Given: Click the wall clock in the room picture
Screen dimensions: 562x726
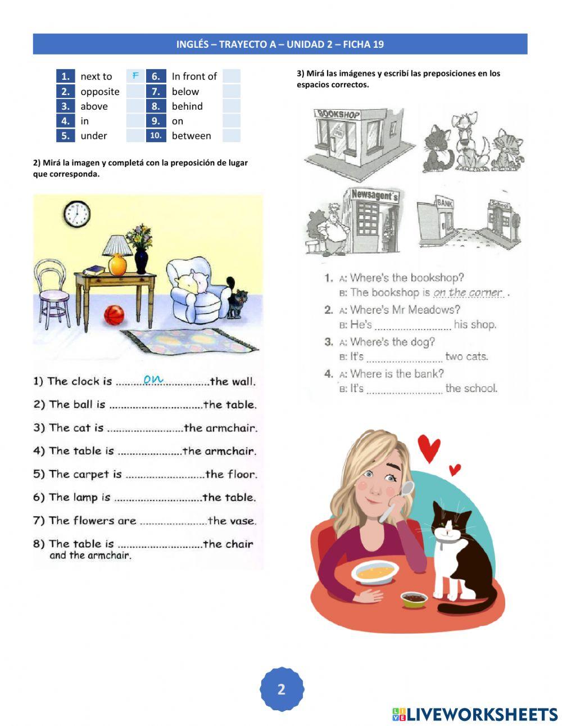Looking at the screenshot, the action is click(x=77, y=214).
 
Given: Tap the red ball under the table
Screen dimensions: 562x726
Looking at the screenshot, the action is click(x=114, y=314).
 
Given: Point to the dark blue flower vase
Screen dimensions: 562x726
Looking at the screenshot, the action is click(x=141, y=261).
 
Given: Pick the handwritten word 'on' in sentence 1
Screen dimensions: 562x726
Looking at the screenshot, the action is click(x=153, y=379).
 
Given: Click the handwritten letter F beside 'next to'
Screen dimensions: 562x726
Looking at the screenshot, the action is click(x=135, y=75).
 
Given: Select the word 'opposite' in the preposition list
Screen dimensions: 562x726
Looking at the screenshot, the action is click(x=100, y=92).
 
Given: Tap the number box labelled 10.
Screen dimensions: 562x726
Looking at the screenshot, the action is click(x=156, y=136).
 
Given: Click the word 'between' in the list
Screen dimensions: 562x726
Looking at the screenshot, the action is click(x=191, y=136).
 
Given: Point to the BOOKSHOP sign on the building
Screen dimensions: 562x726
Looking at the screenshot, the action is click(x=337, y=114).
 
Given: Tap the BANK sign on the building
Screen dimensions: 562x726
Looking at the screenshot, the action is click(x=445, y=202).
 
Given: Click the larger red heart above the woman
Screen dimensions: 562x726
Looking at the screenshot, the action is click(x=429, y=448).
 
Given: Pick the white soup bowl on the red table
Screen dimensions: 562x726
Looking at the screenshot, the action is click(x=375, y=572).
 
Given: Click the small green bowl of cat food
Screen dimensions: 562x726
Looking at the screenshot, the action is click(x=414, y=599).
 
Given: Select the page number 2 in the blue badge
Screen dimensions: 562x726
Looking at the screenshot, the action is click(x=282, y=689).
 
